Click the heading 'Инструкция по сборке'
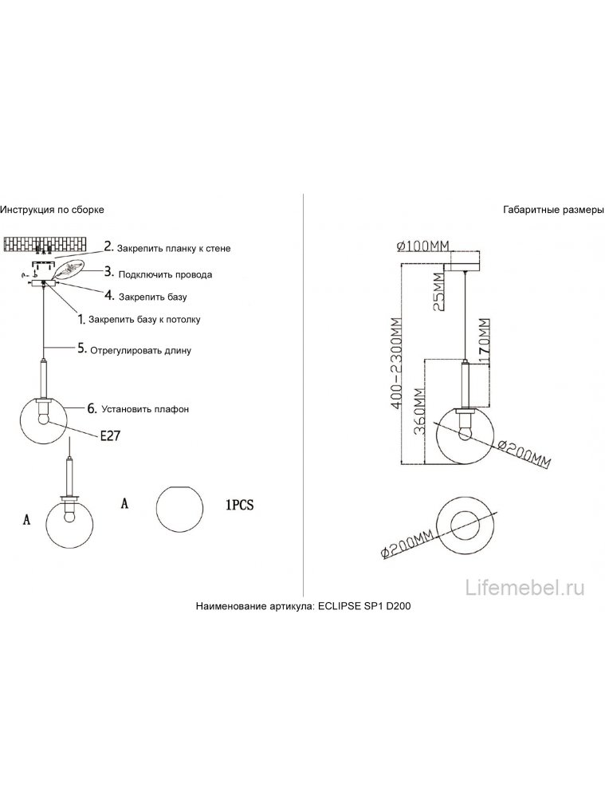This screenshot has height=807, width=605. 52,210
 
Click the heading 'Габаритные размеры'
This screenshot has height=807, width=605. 554,210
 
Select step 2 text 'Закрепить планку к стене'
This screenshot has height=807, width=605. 174,249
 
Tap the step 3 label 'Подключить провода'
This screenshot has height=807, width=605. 164,274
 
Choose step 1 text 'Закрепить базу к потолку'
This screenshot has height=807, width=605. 144,320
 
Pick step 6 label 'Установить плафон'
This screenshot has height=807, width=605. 139,409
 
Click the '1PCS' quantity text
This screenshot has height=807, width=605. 238,504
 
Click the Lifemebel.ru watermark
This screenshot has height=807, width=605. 525,588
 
